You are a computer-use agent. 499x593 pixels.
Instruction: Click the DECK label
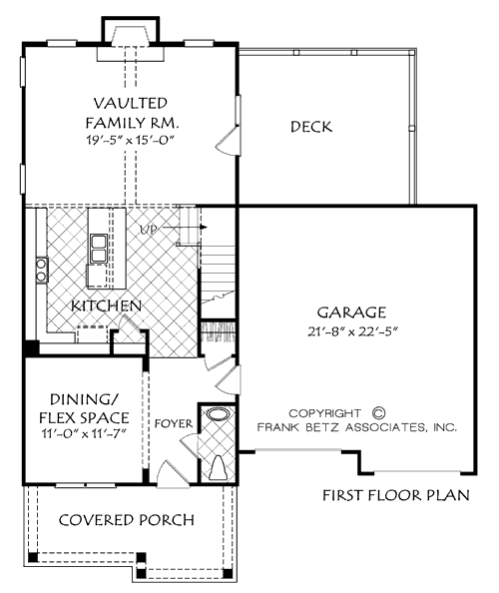[x=311, y=127]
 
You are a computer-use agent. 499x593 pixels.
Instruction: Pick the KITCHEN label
[x=105, y=304]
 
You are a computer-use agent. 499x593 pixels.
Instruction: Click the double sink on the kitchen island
[x=100, y=247]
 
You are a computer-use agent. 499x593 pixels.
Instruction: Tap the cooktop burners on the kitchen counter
[x=42, y=267]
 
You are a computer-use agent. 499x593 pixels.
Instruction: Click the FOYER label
[x=172, y=423]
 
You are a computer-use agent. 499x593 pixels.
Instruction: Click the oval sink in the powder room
[x=218, y=413]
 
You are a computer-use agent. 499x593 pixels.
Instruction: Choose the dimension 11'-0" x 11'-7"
[x=83, y=435]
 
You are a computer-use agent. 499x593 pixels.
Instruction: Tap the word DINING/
[x=84, y=399]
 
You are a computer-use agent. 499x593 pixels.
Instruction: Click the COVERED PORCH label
[x=126, y=520]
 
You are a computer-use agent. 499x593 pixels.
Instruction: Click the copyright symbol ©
[x=378, y=410]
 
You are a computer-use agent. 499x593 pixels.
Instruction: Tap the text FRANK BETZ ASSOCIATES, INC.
[x=357, y=426]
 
